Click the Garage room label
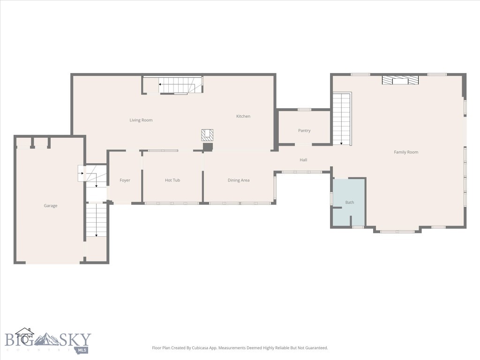pos(51,206)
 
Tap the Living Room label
pos(141,120)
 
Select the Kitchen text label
pos(243,116)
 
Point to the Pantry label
pos(304,131)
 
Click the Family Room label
pos(406,152)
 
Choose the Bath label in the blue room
pos(350,202)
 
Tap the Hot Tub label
pos(172,180)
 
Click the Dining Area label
pos(239,180)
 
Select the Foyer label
pos(125,180)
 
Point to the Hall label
pos(303,160)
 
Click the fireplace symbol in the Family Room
pos(400,81)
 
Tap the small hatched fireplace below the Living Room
pos(207,135)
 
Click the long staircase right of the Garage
pos(96,220)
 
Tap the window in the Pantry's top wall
pos(304,110)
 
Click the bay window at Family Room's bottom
pos(397,231)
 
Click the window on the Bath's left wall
pos(331,198)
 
